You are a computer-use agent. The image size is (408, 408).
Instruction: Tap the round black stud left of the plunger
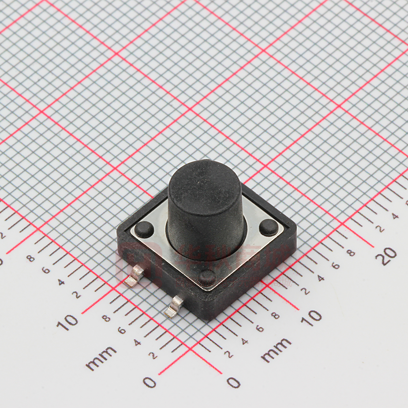[144, 229]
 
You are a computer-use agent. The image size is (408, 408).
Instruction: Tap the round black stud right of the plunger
[269, 228]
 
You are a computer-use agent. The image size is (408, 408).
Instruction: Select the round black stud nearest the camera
[206, 278]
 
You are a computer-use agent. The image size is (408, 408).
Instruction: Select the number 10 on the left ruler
[67, 322]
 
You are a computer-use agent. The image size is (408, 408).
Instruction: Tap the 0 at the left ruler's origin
[150, 382]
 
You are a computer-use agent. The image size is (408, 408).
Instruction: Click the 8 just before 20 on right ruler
[351, 253]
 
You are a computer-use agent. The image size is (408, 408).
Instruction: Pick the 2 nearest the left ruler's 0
[154, 356]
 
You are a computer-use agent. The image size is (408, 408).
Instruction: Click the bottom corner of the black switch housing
[206, 318]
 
